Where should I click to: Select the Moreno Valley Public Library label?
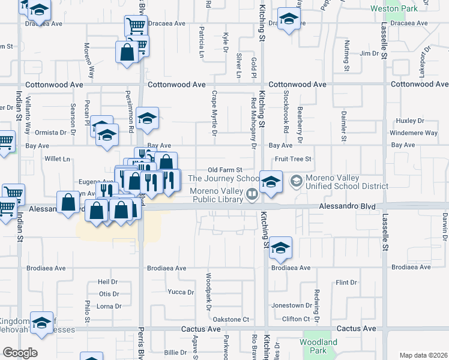[216, 195]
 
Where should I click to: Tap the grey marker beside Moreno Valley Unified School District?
[296, 180]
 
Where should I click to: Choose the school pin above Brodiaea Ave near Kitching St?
[280, 248]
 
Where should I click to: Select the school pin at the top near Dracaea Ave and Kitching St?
[289, 19]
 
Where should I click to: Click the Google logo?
[20, 353]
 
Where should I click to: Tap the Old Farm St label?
[224, 170]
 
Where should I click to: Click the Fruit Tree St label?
[294, 159]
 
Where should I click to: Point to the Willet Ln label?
[58, 159]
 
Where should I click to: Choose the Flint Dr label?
[346, 282]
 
